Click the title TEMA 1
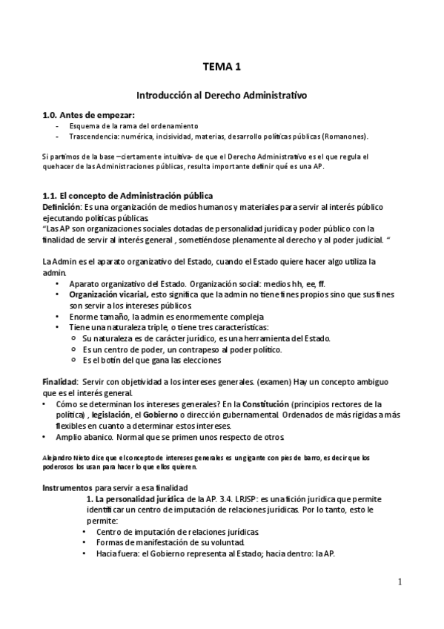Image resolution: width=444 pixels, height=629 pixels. click(x=222, y=67)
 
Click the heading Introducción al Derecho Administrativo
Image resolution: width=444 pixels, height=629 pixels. click(x=222, y=96)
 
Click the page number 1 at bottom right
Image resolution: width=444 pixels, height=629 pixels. click(x=400, y=582)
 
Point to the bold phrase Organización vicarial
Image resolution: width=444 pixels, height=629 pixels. click(x=108, y=294)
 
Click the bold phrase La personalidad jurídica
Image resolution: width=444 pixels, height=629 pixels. click(x=141, y=500)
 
